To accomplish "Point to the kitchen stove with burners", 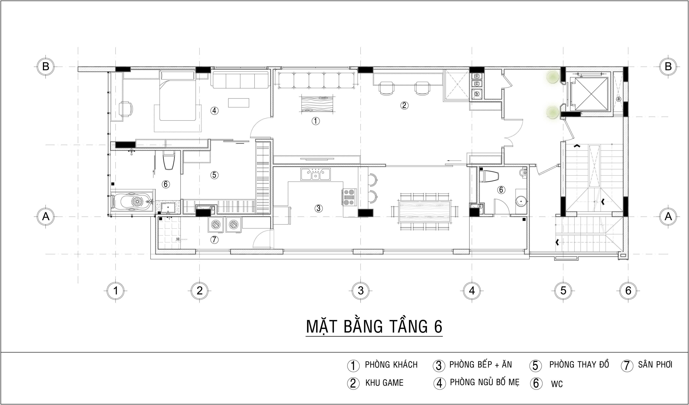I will pyautogui.click(x=349, y=197).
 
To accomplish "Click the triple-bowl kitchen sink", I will pyautogui.click(x=315, y=174).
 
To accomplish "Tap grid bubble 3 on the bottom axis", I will pyautogui.click(x=361, y=290).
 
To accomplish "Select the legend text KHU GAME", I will pyautogui.click(x=384, y=383).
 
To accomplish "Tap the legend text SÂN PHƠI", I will pyautogui.click(x=655, y=365).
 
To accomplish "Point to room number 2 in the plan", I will pyautogui.click(x=404, y=105).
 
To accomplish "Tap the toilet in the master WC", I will pyautogui.click(x=168, y=161).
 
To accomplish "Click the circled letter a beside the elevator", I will pyautogui.click(x=618, y=99).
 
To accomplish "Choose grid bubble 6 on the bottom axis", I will pyautogui.click(x=628, y=290).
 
